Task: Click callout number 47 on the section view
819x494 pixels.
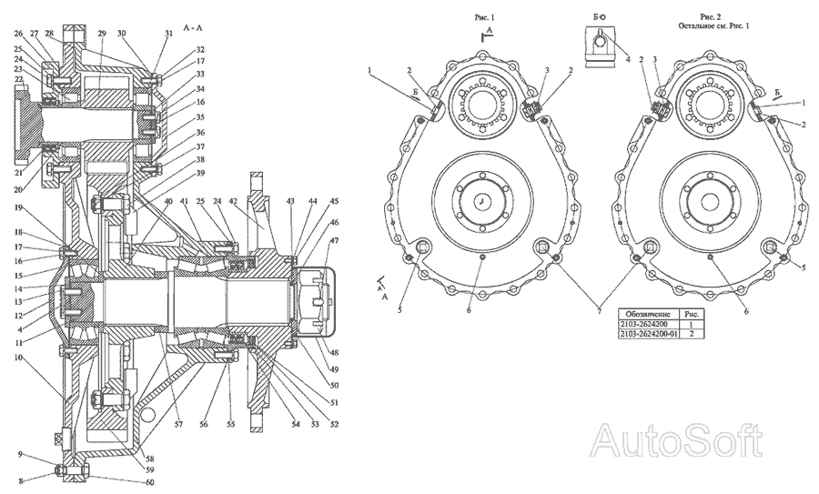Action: coord(334,240)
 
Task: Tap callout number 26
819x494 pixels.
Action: coord(17,34)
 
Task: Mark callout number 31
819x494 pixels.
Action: coord(167,34)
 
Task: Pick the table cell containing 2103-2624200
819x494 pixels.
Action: coord(642,324)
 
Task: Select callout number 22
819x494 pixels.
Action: coord(17,79)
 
